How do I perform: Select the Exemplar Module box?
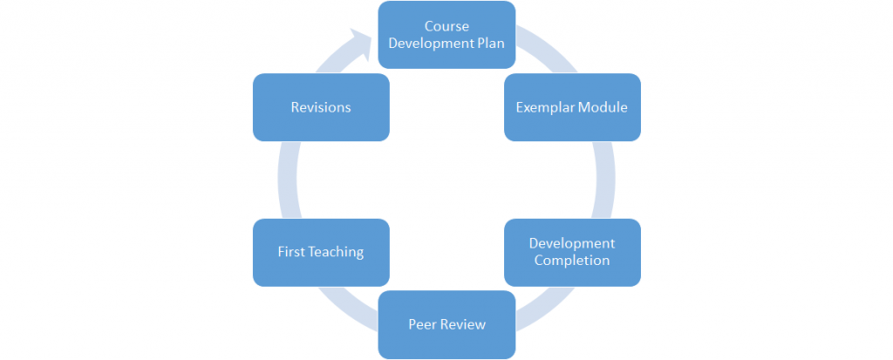[572, 107]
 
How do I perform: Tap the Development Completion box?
[572, 252]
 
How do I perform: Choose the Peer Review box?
[446, 324]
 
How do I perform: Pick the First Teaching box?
[321, 252]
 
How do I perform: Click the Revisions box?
[321, 107]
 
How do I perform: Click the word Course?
[447, 26]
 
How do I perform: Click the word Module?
[603, 107]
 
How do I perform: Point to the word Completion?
[572, 260]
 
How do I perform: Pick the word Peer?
[422, 324]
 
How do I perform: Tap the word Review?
[462, 324]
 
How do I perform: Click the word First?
[290, 252]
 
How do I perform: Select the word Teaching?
[335, 252]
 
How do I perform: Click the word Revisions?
[321, 107]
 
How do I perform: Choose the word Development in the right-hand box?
[572, 243]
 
